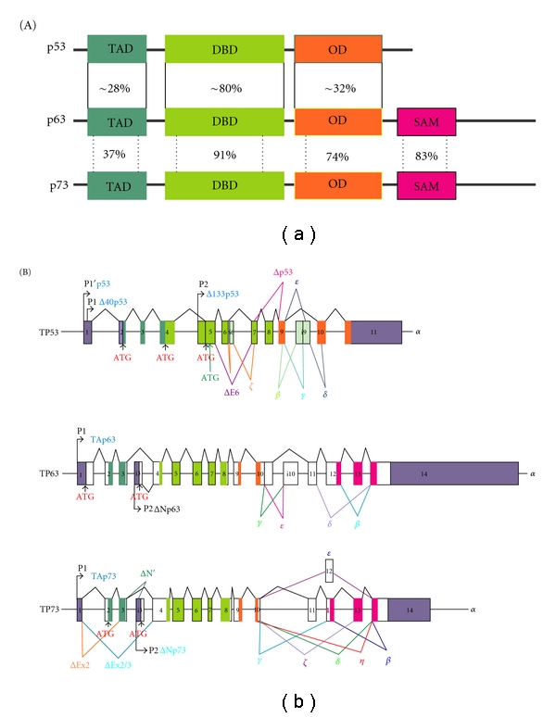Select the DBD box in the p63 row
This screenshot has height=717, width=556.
(x=224, y=122)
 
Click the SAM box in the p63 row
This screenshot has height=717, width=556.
(x=426, y=122)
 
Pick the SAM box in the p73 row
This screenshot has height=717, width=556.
(x=426, y=185)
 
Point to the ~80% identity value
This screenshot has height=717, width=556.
(x=224, y=88)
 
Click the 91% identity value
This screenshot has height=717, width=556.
(x=224, y=155)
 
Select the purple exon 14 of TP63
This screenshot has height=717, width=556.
(x=452, y=472)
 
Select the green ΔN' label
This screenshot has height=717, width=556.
(x=148, y=573)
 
